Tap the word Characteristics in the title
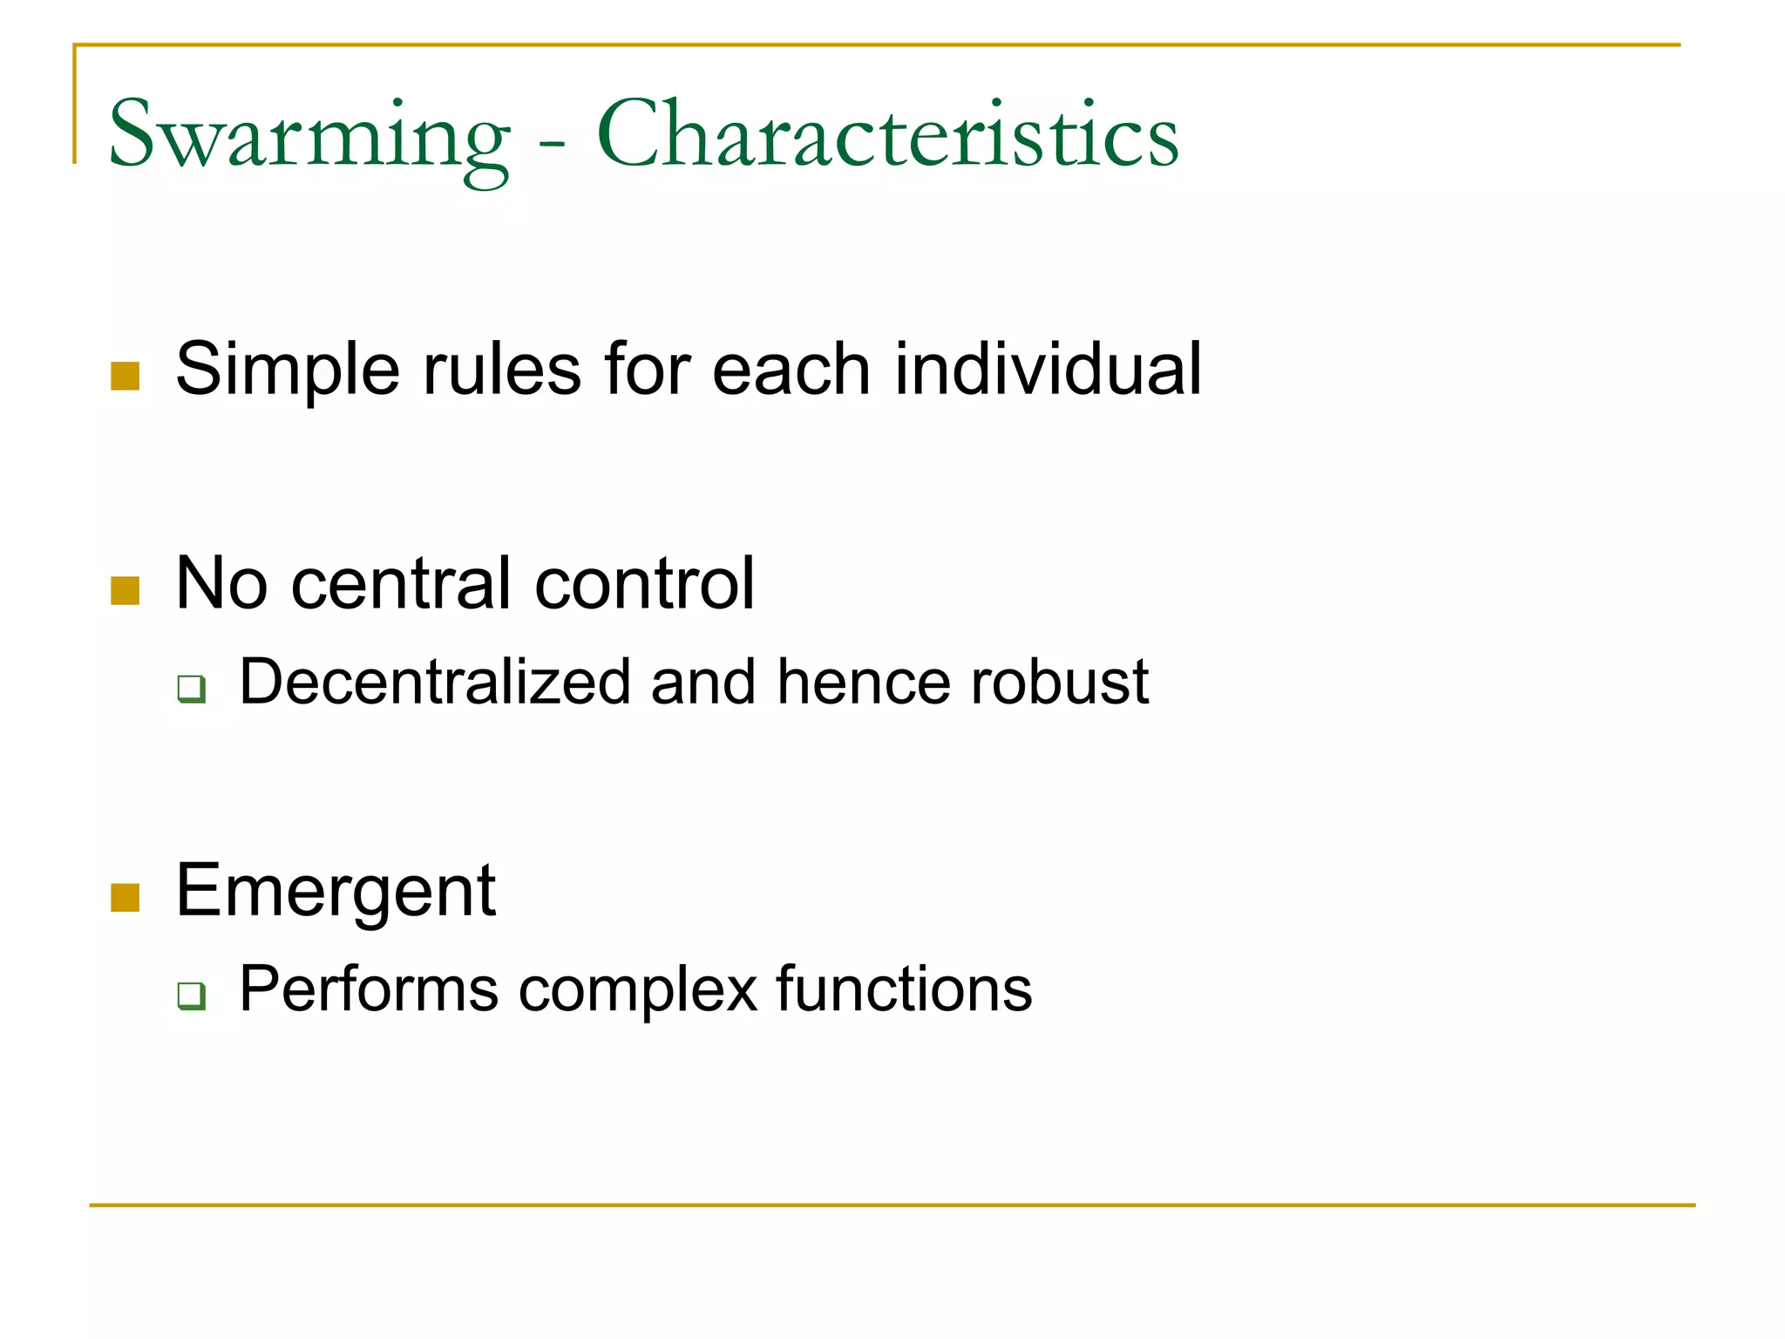[x=887, y=135]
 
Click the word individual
[x=1048, y=369]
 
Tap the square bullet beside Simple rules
[x=126, y=376]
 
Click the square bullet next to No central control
[x=126, y=590]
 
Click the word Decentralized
[x=435, y=682]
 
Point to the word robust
[x=1059, y=682]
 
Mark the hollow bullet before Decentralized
[x=191, y=689]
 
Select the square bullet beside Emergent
[x=126, y=897]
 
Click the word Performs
[x=369, y=989]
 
